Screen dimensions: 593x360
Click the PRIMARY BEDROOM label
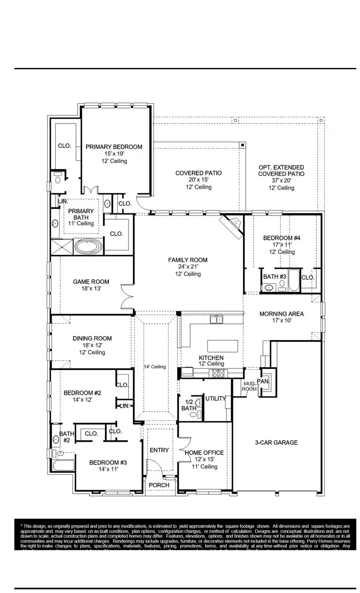(114, 147)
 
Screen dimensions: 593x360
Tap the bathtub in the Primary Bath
(88, 246)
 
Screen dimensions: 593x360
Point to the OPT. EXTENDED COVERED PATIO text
(281, 171)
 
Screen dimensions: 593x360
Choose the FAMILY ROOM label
(187, 260)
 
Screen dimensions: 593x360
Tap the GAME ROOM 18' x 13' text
(91, 285)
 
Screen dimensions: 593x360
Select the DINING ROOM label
(92, 338)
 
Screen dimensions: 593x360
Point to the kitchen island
(222, 345)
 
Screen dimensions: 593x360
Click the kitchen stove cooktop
(219, 373)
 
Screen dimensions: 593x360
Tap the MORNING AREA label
(281, 314)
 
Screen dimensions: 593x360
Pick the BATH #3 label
(275, 277)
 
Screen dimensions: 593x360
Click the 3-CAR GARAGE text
(276, 443)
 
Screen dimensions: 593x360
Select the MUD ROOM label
(249, 387)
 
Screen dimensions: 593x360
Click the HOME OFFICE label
(204, 453)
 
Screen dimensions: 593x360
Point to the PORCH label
(159, 485)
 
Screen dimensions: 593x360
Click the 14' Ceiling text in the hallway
(155, 367)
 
